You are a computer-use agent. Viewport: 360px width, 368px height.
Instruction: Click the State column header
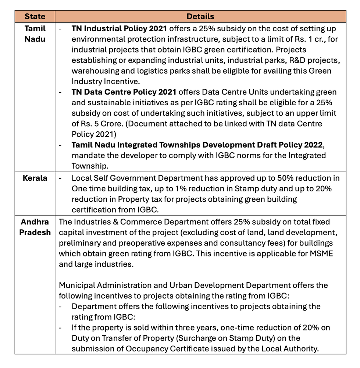[35, 16]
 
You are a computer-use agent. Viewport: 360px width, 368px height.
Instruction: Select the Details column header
[200, 16]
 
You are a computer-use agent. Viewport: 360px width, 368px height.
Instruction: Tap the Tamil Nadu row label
[35, 33]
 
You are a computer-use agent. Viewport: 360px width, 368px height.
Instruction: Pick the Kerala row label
[35, 178]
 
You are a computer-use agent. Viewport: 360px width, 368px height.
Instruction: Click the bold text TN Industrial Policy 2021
[120, 28]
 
